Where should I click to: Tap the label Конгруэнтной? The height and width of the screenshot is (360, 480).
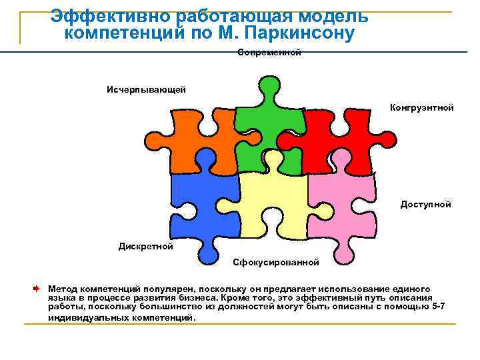pos(422,107)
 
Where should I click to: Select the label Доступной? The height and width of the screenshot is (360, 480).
pos(425,204)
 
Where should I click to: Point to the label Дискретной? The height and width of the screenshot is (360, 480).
pos(146,246)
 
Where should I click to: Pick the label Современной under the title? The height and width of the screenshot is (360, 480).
pos(269,52)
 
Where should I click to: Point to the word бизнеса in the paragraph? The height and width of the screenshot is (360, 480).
pos(193,297)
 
